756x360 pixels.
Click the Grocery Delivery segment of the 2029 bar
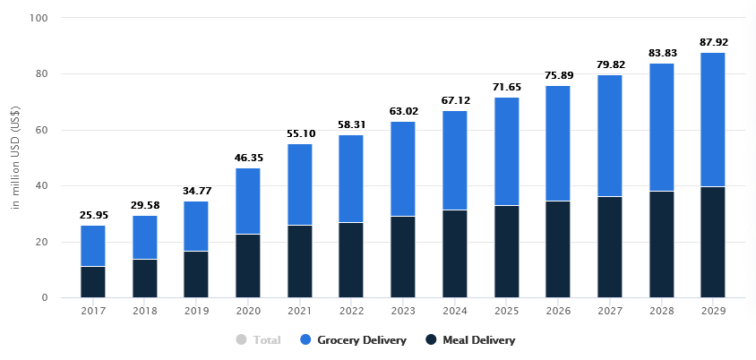pyautogui.click(x=713, y=119)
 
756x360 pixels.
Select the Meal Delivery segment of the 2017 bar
pyautogui.click(x=93, y=281)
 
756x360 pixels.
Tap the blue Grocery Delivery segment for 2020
pyautogui.click(x=248, y=201)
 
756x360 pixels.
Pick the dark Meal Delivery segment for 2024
pyautogui.click(x=455, y=253)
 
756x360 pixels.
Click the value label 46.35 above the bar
pyautogui.click(x=248, y=157)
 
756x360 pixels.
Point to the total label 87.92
pyautogui.click(x=713, y=41)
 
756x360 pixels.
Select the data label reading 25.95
pyautogui.click(x=93, y=214)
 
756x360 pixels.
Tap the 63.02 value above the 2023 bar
pyautogui.click(x=403, y=110)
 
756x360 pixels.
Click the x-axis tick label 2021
pyautogui.click(x=300, y=311)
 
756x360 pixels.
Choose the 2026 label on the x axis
pyautogui.click(x=558, y=311)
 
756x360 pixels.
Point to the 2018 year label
pyautogui.click(x=145, y=311)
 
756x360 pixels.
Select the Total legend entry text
pyautogui.click(x=267, y=340)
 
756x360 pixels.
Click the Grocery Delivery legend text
pyautogui.click(x=361, y=340)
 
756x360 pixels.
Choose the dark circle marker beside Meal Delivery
pyautogui.click(x=431, y=340)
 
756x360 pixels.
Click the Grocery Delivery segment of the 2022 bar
pyautogui.click(x=351, y=178)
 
